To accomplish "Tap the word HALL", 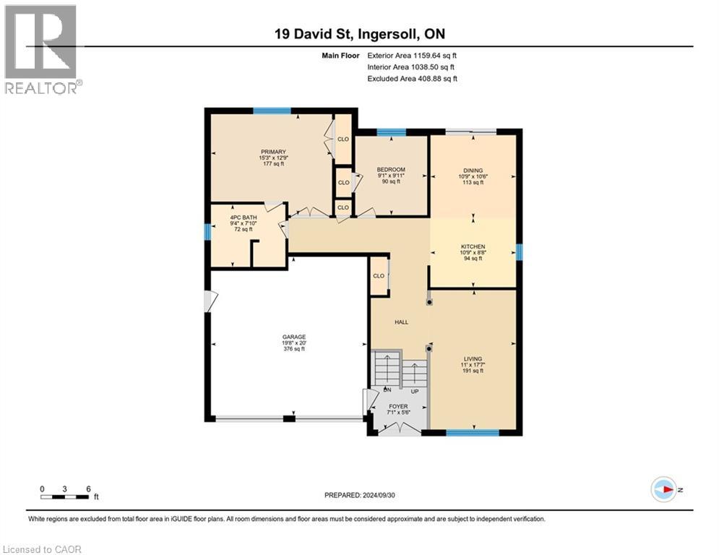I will (401, 322).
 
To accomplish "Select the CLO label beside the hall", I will (378, 276).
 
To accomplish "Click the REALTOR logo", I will (41, 49).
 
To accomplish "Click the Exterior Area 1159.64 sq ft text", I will (412, 55).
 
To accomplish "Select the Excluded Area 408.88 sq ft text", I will (412, 78).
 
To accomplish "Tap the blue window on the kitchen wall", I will (520, 251).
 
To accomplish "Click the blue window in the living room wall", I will (472, 433).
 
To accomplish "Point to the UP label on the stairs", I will (415, 391).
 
